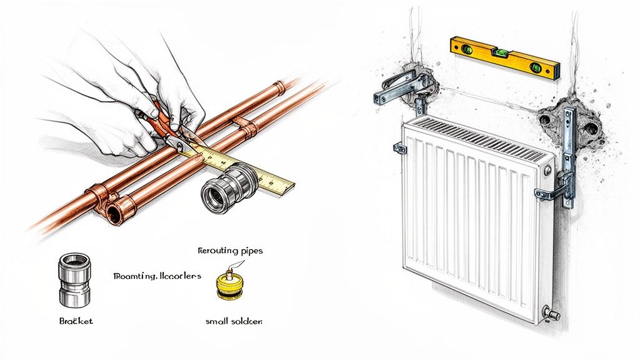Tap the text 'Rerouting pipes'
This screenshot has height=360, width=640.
tap(230, 251)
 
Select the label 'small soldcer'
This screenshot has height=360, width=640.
tap(234, 321)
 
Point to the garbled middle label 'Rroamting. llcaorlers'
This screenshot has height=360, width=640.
tap(157, 276)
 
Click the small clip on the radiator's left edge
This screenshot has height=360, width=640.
tap(397, 149)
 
